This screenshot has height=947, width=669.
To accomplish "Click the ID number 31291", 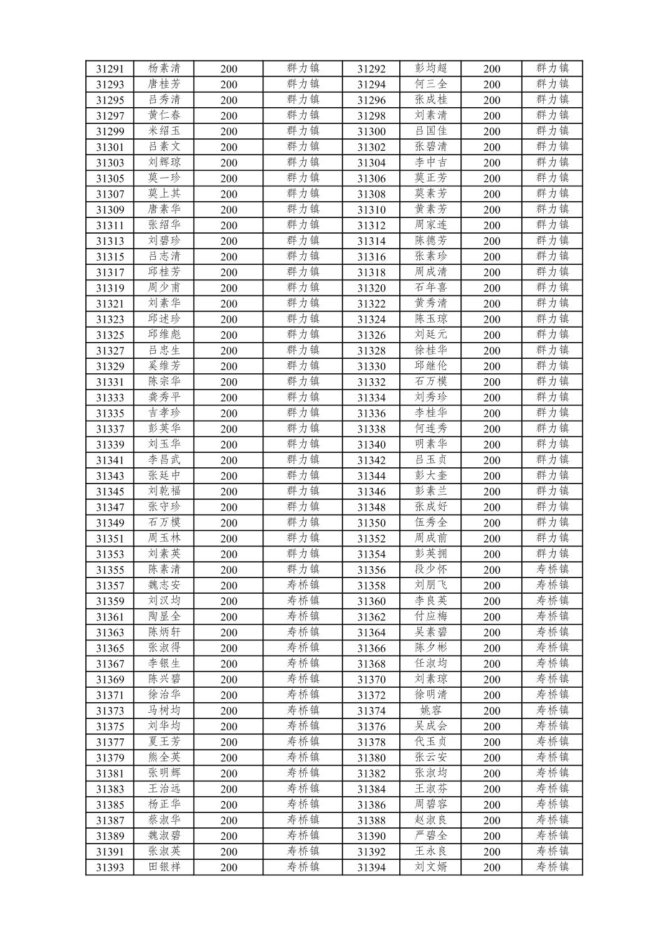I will [x=110, y=69].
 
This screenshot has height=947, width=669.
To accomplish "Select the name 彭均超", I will [x=431, y=69].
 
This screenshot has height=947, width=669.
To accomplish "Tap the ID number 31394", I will [x=371, y=867].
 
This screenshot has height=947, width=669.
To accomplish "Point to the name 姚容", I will [x=431, y=710].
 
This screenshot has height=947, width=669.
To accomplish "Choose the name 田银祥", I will [x=164, y=867].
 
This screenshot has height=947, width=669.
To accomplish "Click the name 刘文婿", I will [x=431, y=867].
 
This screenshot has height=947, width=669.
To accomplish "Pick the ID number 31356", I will [x=371, y=570].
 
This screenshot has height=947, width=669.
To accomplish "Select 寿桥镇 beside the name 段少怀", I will [x=553, y=569].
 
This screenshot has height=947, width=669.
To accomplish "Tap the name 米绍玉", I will [x=164, y=131].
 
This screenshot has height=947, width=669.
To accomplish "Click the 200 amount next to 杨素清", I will [x=229, y=69].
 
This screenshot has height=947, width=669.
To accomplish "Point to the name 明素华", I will [x=431, y=444].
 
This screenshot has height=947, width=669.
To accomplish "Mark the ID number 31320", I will [x=371, y=288].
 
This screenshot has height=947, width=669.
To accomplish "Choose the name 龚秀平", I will [x=164, y=397].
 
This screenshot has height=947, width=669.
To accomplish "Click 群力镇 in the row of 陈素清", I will [x=303, y=569].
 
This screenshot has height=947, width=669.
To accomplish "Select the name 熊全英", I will [x=164, y=758].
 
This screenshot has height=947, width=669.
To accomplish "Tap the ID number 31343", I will [x=110, y=476].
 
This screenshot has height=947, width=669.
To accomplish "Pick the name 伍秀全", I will [x=431, y=523].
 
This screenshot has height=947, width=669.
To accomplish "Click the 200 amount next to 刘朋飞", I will [x=491, y=586].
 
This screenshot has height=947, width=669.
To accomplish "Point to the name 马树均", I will [x=164, y=710].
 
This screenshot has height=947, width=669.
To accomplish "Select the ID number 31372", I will [x=371, y=695].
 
